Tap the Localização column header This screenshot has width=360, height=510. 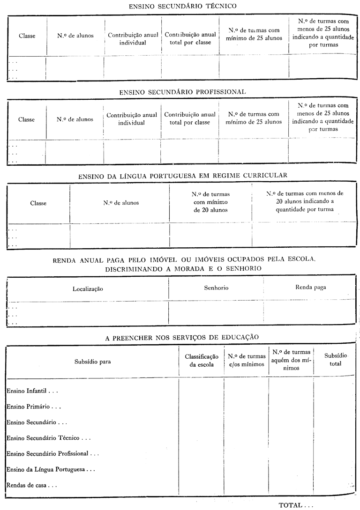click(x=88, y=289)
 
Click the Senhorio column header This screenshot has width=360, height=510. click(x=216, y=288)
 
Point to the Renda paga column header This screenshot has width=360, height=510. click(x=310, y=287)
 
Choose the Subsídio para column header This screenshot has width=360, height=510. click(x=92, y=361)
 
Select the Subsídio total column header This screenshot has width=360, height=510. click(x=333, y=360)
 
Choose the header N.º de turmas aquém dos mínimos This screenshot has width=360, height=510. click(x=291, y=360)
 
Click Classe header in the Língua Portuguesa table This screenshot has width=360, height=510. click(x=38, y=203)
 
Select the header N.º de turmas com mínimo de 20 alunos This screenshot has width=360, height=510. click(x=210, y=202)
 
